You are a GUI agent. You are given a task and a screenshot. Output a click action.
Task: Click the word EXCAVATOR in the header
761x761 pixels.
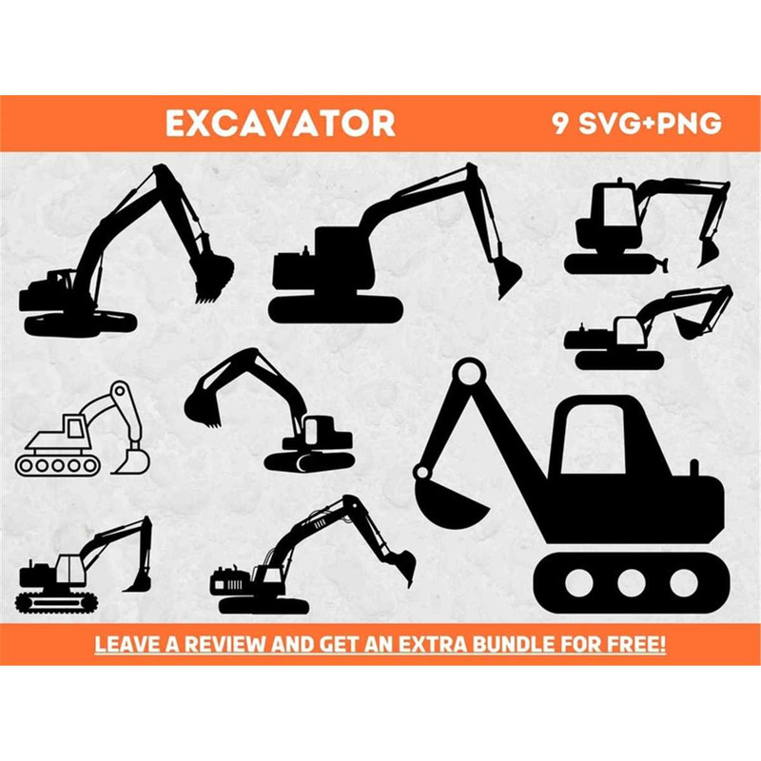point(280,124)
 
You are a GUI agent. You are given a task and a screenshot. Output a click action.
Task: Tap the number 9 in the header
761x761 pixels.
point(560,124)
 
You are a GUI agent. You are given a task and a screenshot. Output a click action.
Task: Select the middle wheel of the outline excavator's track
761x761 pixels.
point(56,465)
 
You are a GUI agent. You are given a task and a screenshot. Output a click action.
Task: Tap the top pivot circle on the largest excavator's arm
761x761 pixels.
point(467,373)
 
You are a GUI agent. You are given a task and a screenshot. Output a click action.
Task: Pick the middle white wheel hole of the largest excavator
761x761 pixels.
point(630,581)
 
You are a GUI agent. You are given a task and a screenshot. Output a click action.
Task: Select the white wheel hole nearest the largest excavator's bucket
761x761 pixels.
point(576,581)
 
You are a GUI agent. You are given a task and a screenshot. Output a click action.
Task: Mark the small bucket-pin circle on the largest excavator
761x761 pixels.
point(422,470)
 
